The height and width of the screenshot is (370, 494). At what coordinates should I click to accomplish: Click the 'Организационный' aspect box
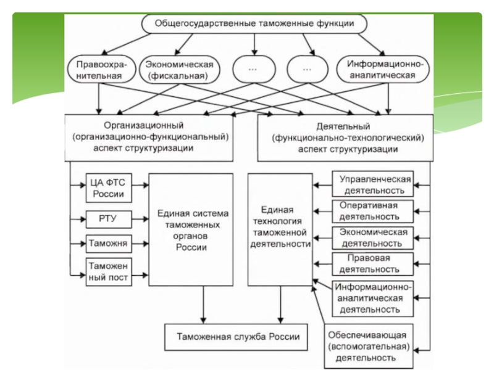[x=149, y=137]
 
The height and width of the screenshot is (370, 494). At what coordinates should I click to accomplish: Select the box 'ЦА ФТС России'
[x=109, y=189]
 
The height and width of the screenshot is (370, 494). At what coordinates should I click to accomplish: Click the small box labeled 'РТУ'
[x=109, y=218]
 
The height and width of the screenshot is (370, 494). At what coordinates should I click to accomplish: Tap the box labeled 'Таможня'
[x=109, y=244]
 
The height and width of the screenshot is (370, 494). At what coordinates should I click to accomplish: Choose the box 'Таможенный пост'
[x=109, y=272]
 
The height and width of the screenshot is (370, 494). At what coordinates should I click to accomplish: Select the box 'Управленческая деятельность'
[x=373, y=184]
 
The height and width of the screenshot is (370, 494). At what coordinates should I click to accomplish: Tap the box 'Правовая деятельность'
[x=373, y=263]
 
